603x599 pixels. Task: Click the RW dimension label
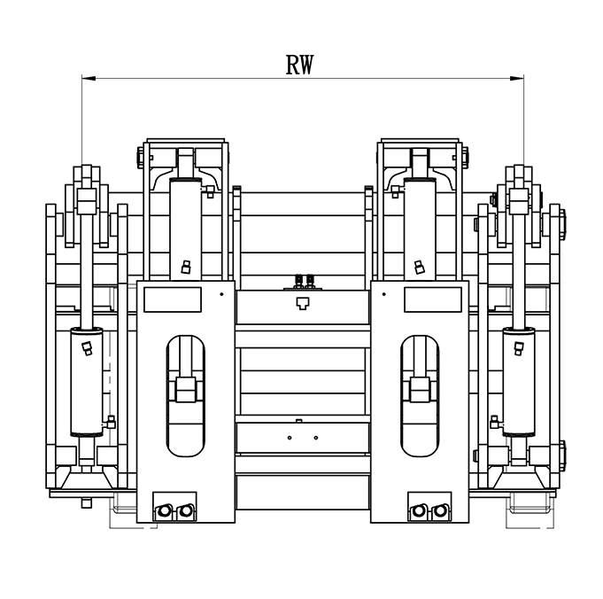pos(299,65)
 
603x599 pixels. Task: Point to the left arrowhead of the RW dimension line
pos(89,78)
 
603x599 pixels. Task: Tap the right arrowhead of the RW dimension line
pos(517,78)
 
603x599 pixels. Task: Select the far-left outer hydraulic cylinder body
pos(87,382)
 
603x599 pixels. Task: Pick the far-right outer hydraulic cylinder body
pos(519,382)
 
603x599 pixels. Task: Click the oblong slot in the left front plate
pos(185,396)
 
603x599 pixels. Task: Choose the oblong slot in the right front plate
pos(420,396)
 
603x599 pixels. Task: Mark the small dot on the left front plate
pos(221,294)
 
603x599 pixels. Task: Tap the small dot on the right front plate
pos(383,294)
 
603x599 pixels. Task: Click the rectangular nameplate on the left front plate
pos(173,299)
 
